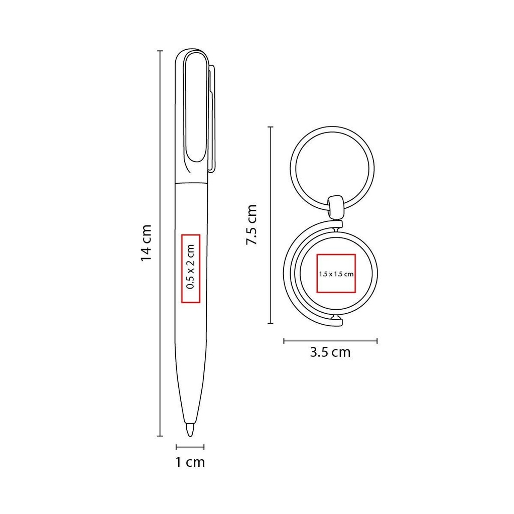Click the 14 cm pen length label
coord(146,242)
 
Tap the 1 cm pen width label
coord(190,462)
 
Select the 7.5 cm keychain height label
coord(251,224)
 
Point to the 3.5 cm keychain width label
coord(330,352)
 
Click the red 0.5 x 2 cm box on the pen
coord(190,269)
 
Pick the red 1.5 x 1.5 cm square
coord(336,273)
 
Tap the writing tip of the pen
coord(190,430)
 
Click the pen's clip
coord(211,118)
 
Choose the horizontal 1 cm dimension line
coord(190,446)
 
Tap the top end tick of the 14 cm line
coord(160,51)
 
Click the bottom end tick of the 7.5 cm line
coord(271,323)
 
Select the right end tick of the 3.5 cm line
coord(377,341)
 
